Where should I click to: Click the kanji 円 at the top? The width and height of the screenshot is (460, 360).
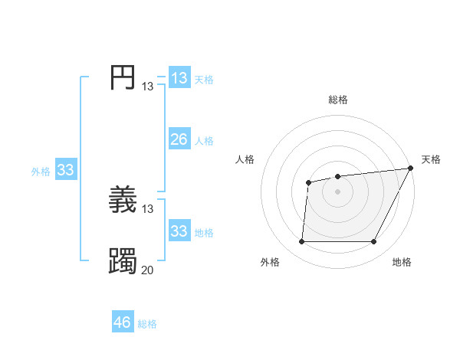[x=123, y=78]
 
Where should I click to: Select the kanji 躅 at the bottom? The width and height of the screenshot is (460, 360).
[x=123, y=261]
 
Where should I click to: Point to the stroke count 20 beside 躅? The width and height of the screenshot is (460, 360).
[x=147, y=270]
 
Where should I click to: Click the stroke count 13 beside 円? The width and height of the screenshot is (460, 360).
[x=147, y=87]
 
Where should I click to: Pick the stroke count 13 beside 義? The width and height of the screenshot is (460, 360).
[x=147, y=209]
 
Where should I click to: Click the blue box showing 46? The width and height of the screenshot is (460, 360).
[x=123, y=322]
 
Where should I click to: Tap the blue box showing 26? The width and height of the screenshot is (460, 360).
[x=179, y=139]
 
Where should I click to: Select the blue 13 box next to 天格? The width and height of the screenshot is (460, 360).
[x=179, y=78]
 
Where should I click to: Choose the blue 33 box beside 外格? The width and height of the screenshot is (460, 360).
[x=65, y=170]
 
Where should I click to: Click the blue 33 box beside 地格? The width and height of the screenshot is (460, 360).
[x=179, y=231]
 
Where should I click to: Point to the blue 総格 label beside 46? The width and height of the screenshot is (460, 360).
[x=147, y=324]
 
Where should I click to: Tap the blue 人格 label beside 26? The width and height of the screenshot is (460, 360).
[x=204, y=141]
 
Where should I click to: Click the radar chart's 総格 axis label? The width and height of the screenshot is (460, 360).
[x=338, y=100]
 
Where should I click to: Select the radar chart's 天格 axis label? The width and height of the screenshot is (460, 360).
[x=431, y=159]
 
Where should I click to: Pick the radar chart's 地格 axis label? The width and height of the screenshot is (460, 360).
[x=402, y=262]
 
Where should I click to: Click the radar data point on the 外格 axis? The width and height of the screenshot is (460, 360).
[x=301, y=242]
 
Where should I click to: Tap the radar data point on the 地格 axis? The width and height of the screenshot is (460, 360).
[x=374, y=242]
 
